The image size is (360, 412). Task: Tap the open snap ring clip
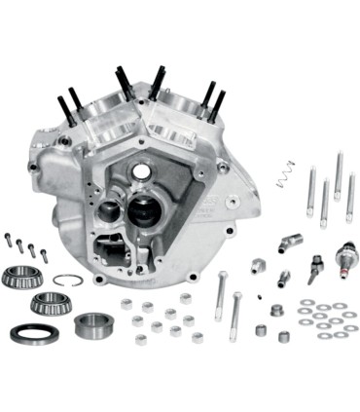(x=67, y=281)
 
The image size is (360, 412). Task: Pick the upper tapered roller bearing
(x=23, y=276)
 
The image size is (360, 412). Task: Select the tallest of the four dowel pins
(x=339, y=175)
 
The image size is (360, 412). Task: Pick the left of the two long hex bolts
(x=222, y=298)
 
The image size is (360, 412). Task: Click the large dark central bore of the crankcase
(x=143, y=209)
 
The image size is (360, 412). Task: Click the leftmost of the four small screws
(x=8, y=240)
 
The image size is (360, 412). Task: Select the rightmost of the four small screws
(x=43, y=254)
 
